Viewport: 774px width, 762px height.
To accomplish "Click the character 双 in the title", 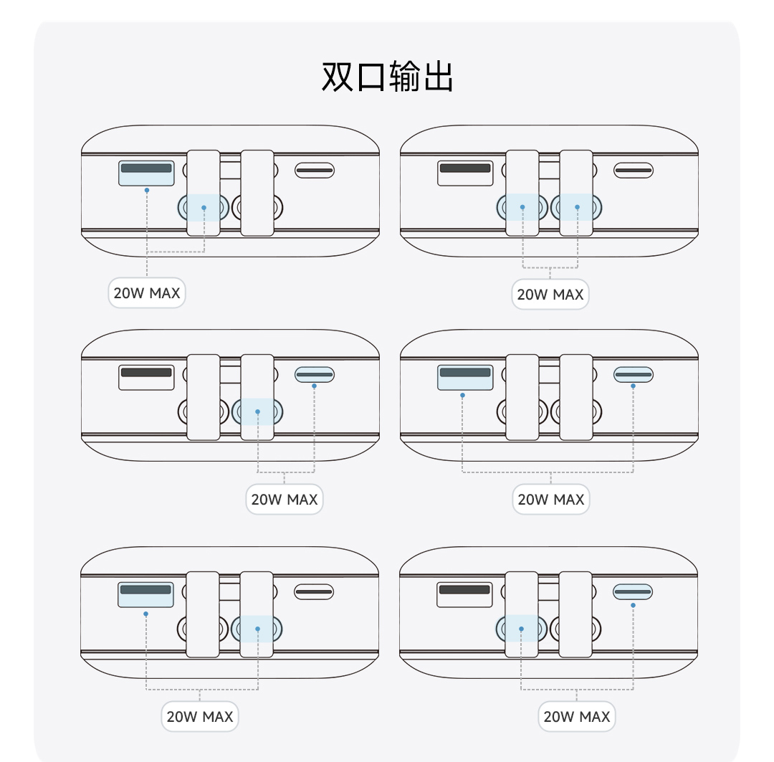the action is pyautogui.click(x=338, y=77).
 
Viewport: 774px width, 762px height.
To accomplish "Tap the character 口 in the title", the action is pyautogui.click(x=371, y=77).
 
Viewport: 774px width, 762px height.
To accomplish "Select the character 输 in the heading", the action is pyautogui.click(x=405, y=77).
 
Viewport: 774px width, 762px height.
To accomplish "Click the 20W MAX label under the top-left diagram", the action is pyautogui.click(x=147, y=293).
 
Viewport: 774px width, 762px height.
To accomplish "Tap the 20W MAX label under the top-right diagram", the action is pyautogui.click(x=550, y=295).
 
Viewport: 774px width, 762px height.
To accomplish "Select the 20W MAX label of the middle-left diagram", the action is pyautogui.click(x=285, y=500).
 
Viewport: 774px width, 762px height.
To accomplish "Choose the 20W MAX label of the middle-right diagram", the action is pyautogui.click(x=551, y=500).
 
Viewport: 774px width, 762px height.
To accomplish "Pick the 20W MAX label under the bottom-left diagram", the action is pyautogui.click(x=199, y=717).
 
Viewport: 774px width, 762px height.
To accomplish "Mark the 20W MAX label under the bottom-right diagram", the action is pyautogui.click(x=576, y=717).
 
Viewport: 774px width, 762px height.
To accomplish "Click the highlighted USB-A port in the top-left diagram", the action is pyautogui.click(x=146, y=173).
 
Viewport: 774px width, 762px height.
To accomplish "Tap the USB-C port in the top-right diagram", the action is pyautogui.click(x=634, y=171).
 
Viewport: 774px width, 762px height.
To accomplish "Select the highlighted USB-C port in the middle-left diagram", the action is pyautogui.click(x=315, y=375).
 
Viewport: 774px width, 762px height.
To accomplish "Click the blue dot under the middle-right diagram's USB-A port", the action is pyautogui.click(x=462, y=395).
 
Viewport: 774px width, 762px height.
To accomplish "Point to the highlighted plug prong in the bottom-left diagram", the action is pyautogui.click(x=257, y=629).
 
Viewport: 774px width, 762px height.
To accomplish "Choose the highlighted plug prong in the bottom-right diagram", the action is pyautogui.click(x=521, y=629).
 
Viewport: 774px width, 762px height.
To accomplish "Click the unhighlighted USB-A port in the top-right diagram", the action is pyautogui.click(x=465, y=173).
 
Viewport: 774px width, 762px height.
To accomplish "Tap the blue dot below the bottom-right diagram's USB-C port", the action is pyautogui.click(x=633, y=605).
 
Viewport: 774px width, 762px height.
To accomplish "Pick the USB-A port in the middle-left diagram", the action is pyautogui.click(x=146, y=378).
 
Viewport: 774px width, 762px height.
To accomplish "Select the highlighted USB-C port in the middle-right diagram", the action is pyautogui.click(x=634, y=375).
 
